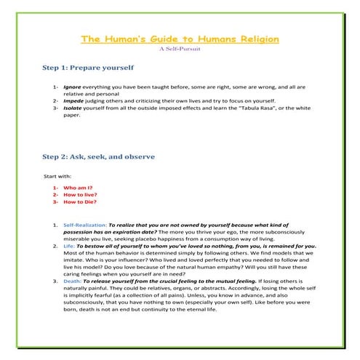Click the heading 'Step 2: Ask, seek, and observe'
pyautogui.click(x=98, y=156)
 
